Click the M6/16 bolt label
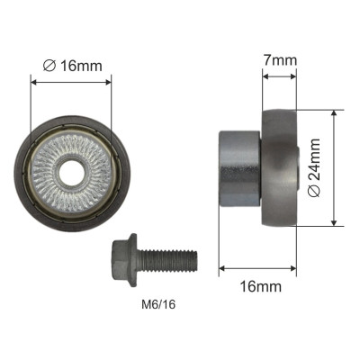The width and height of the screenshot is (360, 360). [x=158, y=305]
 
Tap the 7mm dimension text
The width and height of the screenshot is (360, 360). [x=280, y=60]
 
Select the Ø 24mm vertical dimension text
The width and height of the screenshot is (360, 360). [x=314, y=167]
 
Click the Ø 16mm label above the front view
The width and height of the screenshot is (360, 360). [x=72, y=66]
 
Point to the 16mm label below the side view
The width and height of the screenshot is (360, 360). [x=261, y=286]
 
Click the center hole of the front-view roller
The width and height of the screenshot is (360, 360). [x=72, y=174]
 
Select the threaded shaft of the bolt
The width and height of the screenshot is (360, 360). [x=169, y=260]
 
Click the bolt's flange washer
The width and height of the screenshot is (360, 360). [x=133, y=260]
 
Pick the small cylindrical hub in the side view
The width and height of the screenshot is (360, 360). [x=239, y=168]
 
